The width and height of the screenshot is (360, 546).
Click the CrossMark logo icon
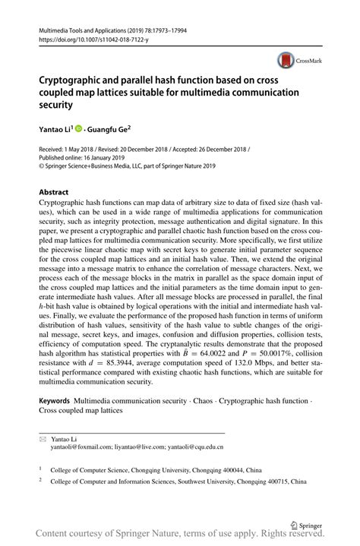[x=286, y=60]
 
